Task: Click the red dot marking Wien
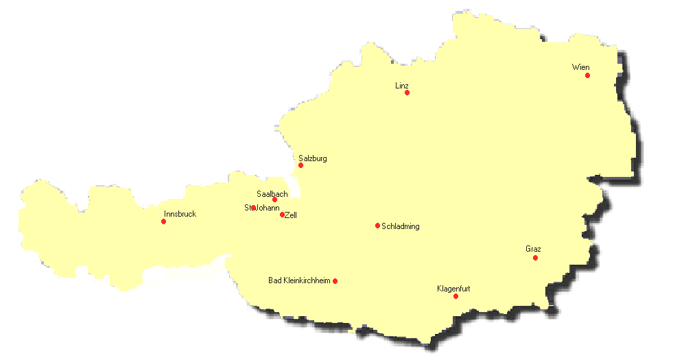click(587, 75)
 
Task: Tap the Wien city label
click(580, 67)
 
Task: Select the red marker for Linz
click(407, 93)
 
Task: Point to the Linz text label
click(402, 86)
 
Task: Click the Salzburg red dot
click(300, 165)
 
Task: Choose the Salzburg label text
click(313, 158)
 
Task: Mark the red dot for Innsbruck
click(163, 221)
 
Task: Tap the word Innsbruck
click(180, 214)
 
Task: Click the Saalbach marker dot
click(274, 200)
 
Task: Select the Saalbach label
click(272, 194)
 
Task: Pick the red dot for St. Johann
click(253, 208)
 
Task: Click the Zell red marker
click(282, 215)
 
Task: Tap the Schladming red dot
click(377, 226)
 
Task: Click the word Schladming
click(400, 226)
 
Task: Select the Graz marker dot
click(535, 258)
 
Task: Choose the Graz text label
click(533, 249)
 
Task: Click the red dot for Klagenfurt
click(456, 296)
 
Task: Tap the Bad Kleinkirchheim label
click(299, 280)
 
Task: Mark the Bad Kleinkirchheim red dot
click(335, 281)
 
